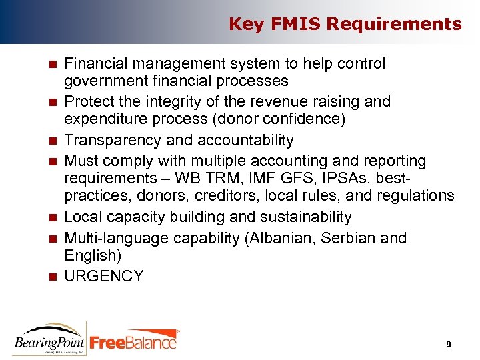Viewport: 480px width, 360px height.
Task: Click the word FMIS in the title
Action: (x=289, y=25)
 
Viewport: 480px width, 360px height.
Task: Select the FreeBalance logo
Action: (x=133, y=341)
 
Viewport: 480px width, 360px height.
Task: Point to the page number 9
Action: (x=449, y=344)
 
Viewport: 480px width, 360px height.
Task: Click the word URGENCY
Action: (x=103, y=276)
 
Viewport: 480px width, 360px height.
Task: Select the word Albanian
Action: (x=282, y=239)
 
